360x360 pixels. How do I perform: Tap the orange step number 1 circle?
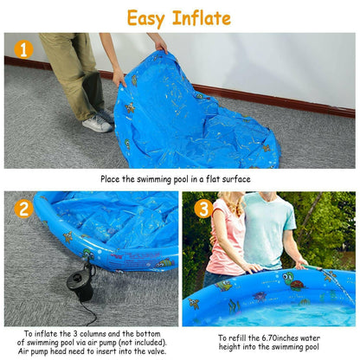pos(23,49)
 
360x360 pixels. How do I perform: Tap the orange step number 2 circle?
pos(23,208)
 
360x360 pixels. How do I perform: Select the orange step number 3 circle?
pos(202,209)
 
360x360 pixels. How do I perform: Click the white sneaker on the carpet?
pos(97,124)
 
